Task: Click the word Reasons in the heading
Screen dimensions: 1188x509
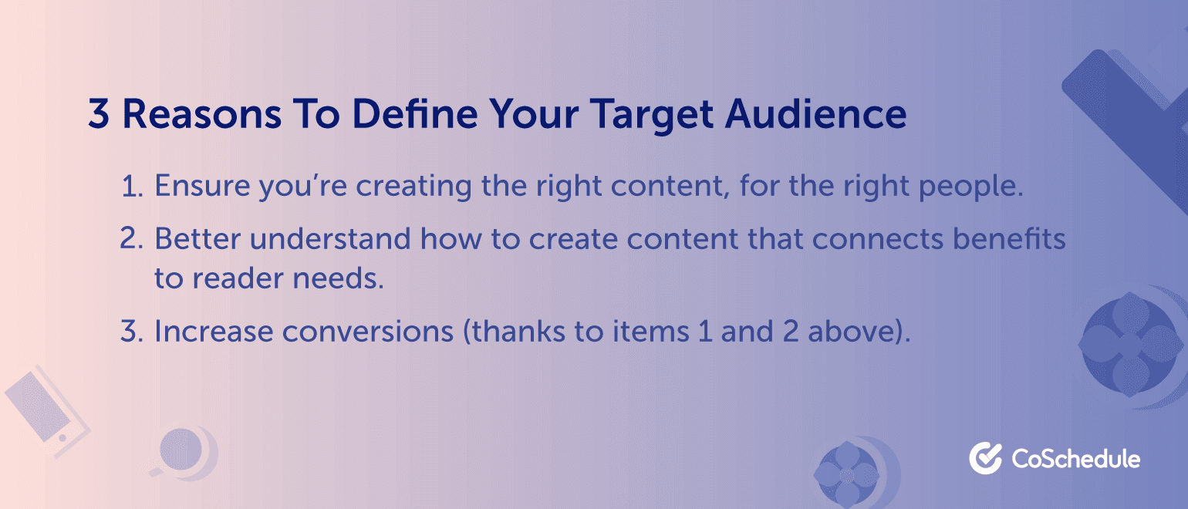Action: (201, 113)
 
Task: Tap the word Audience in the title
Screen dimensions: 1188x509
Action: (815, 113)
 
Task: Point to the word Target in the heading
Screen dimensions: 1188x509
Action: (652, 116)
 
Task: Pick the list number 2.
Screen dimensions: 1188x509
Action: (131, 238)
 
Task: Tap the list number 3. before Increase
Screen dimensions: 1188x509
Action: (131, 331)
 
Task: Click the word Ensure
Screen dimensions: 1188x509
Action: (202, 186)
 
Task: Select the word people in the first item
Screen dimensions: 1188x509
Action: (971, 189)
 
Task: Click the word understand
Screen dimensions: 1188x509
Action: (330, 238)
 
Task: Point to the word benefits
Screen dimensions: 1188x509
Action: (1009, 238)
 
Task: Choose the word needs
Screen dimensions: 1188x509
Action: (339, 278)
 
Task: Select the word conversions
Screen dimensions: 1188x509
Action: (367, 332)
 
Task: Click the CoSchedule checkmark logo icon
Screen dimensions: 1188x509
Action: (985, 458)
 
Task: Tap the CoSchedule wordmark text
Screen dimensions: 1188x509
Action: (1076, 459)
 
